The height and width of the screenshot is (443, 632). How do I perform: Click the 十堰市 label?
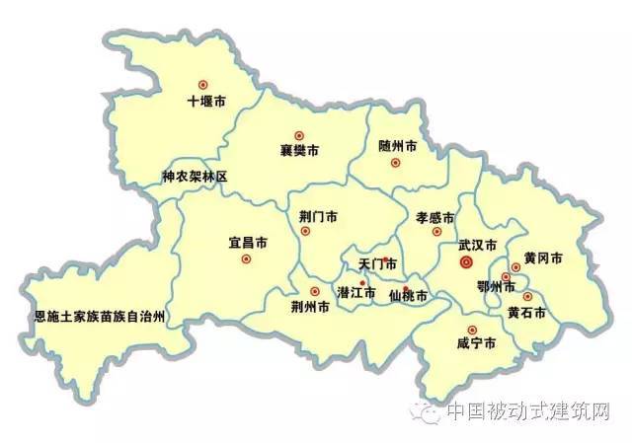tap(207, 101)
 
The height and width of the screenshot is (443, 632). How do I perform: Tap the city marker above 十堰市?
tap(203, 85)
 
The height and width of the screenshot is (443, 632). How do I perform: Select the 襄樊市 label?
tap(299, 152)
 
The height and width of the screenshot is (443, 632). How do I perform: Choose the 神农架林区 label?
tap(195, 178)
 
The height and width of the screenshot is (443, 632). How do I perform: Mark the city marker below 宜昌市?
tap(246, 259)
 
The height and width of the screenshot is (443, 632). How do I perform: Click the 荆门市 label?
tap(318, 216)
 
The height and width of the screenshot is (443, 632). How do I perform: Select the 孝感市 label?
tap(434, 217)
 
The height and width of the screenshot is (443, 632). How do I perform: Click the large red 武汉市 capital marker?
tap(467, 262)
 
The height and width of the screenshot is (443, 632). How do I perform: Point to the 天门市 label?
tap(377, 264)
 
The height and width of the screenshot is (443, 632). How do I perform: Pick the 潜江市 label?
tap(355, 293)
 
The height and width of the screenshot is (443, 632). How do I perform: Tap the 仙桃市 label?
tap(408, 296)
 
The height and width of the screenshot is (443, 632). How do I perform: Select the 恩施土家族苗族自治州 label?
tap(99, 318)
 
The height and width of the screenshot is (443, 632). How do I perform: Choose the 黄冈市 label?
tap(543, 258)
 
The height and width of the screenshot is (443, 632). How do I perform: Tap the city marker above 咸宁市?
tap(472, 330)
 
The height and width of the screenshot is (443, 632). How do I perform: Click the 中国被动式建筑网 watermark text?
tap(528, 411)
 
